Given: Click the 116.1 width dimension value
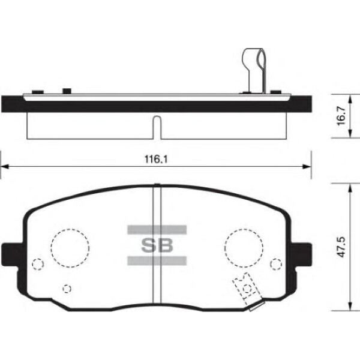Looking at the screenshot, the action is (x=156, y=159).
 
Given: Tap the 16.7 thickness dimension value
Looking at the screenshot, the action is (x=342, y=115).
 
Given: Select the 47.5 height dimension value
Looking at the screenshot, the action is (x=342, y=247).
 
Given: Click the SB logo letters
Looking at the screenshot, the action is (x=157, y=245).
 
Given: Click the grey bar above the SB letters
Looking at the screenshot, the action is (x=157, y=230).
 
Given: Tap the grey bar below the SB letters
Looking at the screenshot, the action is (x=157, y=261).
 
